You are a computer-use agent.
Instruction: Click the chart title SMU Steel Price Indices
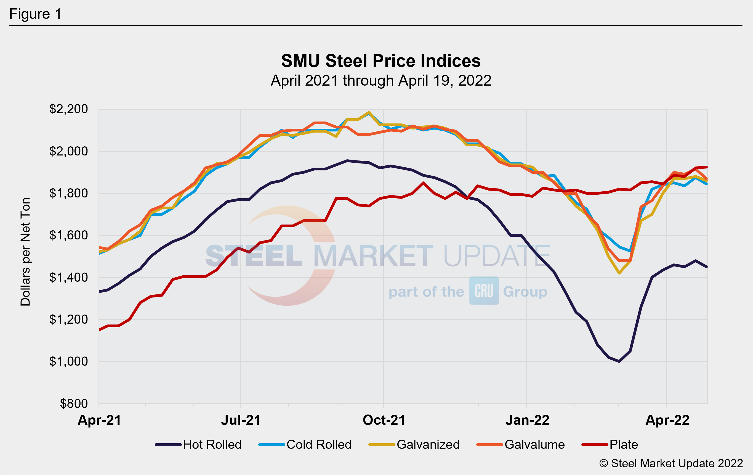pyautogui.click(x=381, y=61)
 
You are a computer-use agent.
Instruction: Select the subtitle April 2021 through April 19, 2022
pyautogui.click(x=381, y=81)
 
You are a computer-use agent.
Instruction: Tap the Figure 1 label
pyautogui.click(x=35, y=14)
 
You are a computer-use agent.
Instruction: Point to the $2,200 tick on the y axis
pyautogui.click(x=68, y=109)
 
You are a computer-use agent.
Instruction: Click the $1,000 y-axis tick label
pyautogui.click(x=68, y=361)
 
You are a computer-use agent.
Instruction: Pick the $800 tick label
pyautogui.click(x=74, y=404)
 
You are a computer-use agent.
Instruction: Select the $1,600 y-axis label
pyautogui.click(x=68, y=235)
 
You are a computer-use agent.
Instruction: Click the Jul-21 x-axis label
pyautogui.click(x=241, y=420)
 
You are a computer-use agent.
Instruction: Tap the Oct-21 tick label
pyautogui.click(x=384, y=420)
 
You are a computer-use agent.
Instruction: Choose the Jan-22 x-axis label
pyautogui.click(x=527, y=420)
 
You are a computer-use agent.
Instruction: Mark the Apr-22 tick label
pyautogui.click(x=667, y=420)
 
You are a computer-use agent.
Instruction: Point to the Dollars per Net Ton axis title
pyautogui.click(x=25, y=252)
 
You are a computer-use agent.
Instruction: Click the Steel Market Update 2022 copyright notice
pyautogui.click(x=671, y=463)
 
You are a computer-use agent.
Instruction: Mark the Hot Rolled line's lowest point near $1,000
pyautogui.click(x=619, y=361)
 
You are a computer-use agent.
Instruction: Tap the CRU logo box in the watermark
pyautogui.click(x=484, y=291)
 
